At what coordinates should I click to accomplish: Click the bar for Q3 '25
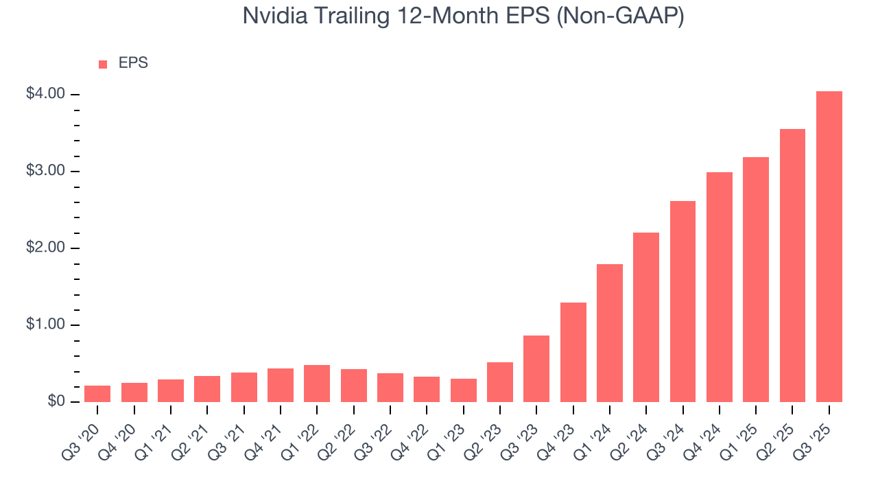pos(829,247)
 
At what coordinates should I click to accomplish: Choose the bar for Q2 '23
pos(500,382)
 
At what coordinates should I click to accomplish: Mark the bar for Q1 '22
pos(317,384)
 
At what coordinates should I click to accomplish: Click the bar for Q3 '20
pos(97,394)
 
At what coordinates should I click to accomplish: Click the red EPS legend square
pos(103,64)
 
